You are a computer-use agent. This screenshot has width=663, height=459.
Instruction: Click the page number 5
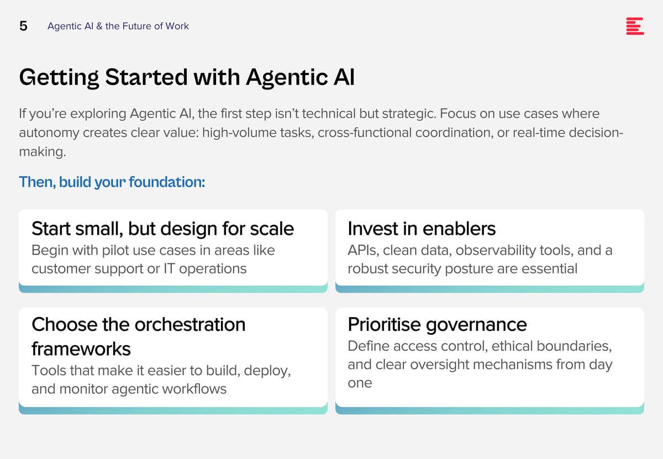coord(23,26)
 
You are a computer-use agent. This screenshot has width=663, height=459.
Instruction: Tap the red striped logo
coord(635,26)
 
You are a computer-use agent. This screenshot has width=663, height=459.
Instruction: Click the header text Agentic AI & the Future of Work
coord(118,26)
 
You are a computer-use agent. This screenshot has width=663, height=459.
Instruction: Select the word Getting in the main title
coord(59,77)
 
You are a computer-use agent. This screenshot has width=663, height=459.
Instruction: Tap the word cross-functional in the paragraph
coord(364,133)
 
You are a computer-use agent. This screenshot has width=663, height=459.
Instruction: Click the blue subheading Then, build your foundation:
coord(112,182)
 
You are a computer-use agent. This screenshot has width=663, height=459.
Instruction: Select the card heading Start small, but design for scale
coord(162,229)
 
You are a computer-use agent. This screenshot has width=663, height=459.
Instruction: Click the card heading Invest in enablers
coord(422,229)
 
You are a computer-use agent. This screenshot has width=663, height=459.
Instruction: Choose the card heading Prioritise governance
coord(437,325)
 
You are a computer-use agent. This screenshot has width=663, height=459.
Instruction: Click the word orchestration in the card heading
coord(190,325)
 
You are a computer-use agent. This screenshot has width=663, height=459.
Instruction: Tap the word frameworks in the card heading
coord(81,349)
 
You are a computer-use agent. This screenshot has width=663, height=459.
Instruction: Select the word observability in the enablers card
coord(496,251)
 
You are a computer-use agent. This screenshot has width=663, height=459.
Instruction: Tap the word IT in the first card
coord(169,269)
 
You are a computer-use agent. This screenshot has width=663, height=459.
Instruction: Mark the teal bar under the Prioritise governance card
coord(490,410)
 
